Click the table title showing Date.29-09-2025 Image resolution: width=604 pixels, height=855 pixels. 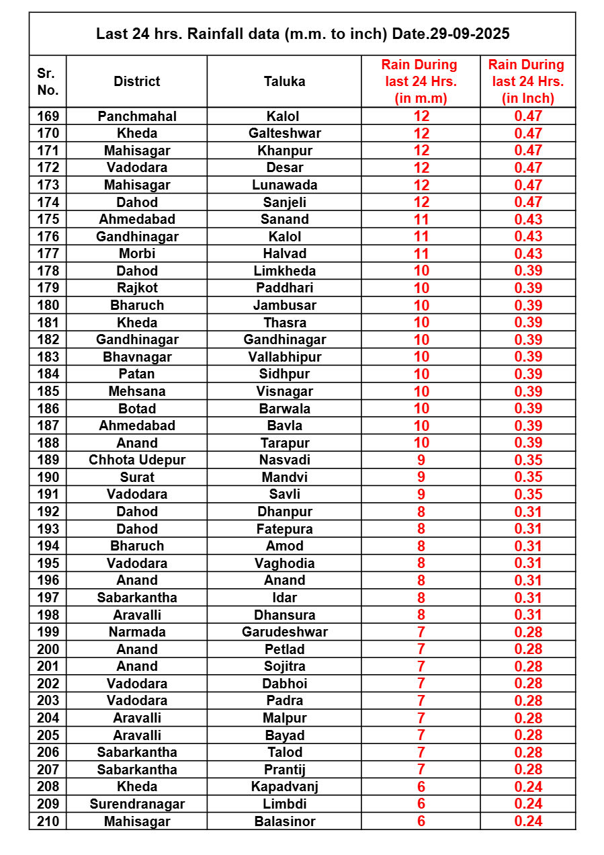click(x=302, y=34)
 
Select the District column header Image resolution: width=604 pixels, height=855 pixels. click(x=136, y=81)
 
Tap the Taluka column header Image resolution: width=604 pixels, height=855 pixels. click(x=284, y=81)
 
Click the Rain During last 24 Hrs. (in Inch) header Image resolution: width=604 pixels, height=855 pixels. click(x=527, y=81)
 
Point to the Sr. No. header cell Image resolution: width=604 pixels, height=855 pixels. click(x=48, y=81)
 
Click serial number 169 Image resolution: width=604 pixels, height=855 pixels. click(x=48, y=116)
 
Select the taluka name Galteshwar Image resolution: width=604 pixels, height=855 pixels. click(x=284, y=133)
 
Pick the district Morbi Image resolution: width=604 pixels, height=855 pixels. click(x=136, y=253)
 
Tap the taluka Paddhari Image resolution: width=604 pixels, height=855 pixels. click(x=284, y=288)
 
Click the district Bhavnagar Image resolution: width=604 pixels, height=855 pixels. click(x=136, y=357)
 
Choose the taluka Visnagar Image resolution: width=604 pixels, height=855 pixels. click(x=284, y=391)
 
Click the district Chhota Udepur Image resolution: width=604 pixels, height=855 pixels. click(x=136, y=460)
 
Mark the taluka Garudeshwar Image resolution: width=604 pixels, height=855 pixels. click(x=284, y=632)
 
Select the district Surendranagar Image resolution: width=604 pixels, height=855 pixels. click(x=136, y=804)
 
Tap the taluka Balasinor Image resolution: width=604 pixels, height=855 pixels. click(x=284, y=821)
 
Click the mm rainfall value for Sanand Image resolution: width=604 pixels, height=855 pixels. click(x=421, y=219)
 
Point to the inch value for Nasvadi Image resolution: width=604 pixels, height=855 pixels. click(x=527, y=460)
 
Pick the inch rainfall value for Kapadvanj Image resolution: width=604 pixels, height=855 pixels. click(x=527, y=786)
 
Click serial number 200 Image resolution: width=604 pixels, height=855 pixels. click(x=48, y=649)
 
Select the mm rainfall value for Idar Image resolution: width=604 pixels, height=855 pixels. click(x=421, y=598)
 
